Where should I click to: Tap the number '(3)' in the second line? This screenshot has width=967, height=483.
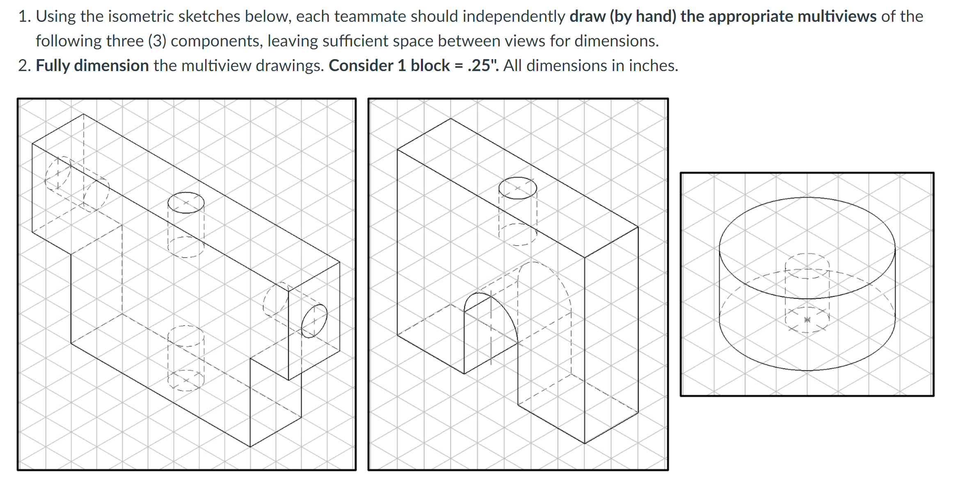pyautogui.click(x=157, y=41)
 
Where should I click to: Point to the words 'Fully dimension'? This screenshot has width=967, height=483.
pyautogui.click(x=92, y=66)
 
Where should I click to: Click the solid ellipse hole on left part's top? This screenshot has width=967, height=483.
pyautogui.click(x=186, y=202)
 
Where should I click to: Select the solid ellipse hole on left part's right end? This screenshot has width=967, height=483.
pyautogui.click(x=314, y=321)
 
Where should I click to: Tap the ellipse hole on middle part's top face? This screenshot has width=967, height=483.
pyautogui.click(x=517, y=188)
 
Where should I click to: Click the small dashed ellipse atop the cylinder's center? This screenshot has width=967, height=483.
pyautogui.click(x=807, y=266)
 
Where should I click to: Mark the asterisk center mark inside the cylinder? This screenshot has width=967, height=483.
pyautogui.click(x=807, y=320)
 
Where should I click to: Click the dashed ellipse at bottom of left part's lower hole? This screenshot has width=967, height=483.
pyautogui.click(x=186, y=380)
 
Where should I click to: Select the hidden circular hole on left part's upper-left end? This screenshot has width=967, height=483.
pyautogui.click(x=57, y=174)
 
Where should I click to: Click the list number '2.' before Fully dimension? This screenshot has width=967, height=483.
pyautogui.click(x=24, y=66)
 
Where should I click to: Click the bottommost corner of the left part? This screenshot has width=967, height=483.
pyautogui.click(x=250, y=446)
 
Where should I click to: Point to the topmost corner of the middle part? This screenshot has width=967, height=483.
pyautogui.click(x=450, y=119)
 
